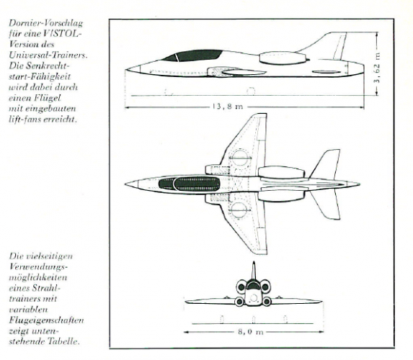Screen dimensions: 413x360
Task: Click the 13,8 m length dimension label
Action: (x=227, y=107)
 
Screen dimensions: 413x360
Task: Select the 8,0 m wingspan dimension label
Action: (x=251, y=332)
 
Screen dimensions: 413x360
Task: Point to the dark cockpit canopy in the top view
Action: (x=190, y=184)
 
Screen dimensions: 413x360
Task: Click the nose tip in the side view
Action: (x=125, y=70)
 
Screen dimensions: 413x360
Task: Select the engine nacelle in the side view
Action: (x=284, y=58)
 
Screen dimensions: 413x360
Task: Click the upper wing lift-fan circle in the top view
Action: (x=240, y=158)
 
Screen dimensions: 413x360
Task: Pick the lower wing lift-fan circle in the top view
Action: (x=239, y=210)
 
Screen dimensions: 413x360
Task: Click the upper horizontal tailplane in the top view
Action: (x=326, y=164)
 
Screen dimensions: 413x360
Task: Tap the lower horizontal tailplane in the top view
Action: (x=326, y=205)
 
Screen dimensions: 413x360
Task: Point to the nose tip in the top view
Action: (x=125, y=184)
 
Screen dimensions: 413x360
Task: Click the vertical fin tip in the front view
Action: (x=254, y=262)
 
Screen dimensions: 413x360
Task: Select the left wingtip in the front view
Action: (x=186, y=302)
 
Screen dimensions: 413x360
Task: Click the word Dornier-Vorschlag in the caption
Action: (x=46, y=23)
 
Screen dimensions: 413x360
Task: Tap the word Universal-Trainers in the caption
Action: (x=48, y=55)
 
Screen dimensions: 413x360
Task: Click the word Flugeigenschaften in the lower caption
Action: (x=46, y=320)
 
